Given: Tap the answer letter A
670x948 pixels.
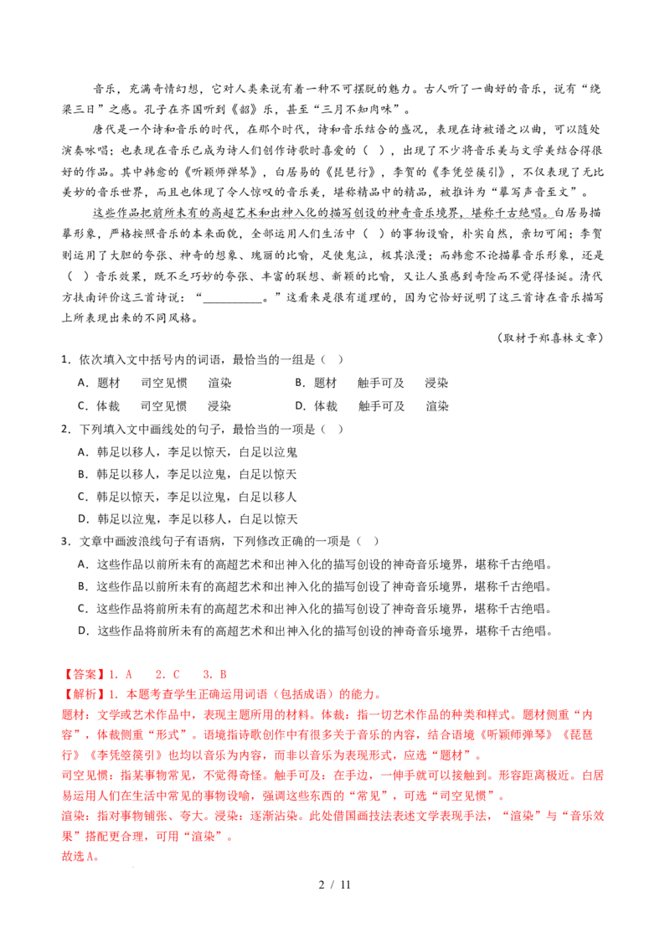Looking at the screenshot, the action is point(129,674).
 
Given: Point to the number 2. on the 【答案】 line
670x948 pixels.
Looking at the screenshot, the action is point(158,674).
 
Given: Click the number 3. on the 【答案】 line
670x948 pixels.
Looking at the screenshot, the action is point(206,674).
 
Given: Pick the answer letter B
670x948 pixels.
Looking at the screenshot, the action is point(223,674).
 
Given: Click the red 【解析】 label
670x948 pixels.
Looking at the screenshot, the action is point(84,694).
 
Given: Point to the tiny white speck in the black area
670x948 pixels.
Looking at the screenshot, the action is point(242,540).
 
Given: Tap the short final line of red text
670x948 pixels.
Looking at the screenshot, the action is point(80,857).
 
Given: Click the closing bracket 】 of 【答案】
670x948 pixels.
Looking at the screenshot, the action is point(100,674).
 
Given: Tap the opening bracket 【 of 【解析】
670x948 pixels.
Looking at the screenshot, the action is point(67,694).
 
